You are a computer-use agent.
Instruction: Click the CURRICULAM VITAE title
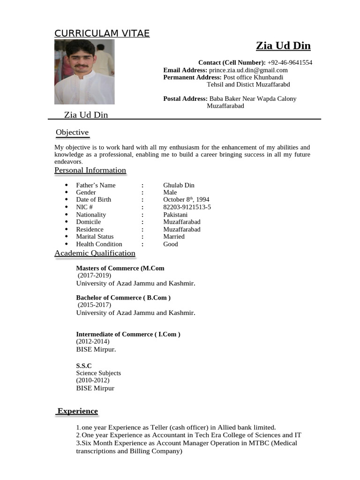[x=102, y=33]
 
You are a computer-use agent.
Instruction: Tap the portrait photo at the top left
[x=84, y=72]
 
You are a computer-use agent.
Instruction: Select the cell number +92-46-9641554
[x=290, y=62]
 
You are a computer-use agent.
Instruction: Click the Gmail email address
[x=248, y=70]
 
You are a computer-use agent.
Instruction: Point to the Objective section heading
[x=72, y=133]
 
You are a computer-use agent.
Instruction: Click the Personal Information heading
[x=90, y=170]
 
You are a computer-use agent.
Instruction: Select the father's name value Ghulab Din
[x=179, y=185]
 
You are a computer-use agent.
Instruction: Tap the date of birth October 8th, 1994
[x=186, y=200]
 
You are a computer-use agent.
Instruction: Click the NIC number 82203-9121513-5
[x=187, y=207]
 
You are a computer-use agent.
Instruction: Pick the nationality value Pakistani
[x=175, y=215]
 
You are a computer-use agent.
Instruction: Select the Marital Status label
[x=95, y=237]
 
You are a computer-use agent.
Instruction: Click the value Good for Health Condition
[x=171, y=244]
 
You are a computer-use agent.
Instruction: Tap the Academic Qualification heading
[x=95, y=254]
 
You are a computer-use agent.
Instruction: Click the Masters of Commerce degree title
[x=120, y=268]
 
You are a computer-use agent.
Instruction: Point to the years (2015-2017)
[x=95, y=305]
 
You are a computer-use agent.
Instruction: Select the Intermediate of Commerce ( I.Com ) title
[x=128, y=334]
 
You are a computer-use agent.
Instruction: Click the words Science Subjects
[x=98, y=373]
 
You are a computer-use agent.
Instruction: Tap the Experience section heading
[x=78, y=411]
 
